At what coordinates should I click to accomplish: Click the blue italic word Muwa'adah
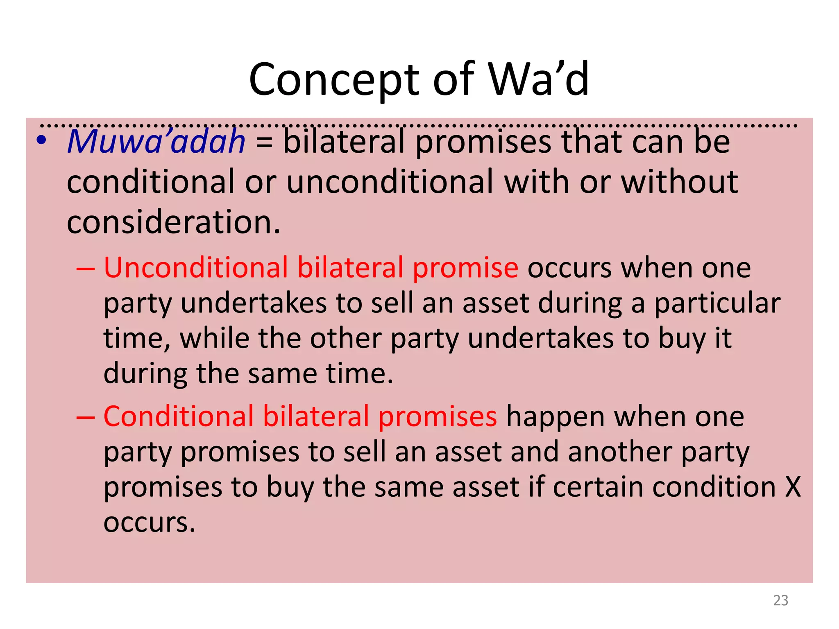point(156,142)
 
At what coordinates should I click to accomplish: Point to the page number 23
point(780,600)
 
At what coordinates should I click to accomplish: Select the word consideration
point(173,222)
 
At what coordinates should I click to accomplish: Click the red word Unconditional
point(196,268)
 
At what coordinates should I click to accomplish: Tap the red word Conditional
point(179,416)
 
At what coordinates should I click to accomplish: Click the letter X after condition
point(793,487)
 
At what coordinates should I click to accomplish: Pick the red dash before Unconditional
point(86,269)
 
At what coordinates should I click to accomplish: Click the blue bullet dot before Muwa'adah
point(41,140)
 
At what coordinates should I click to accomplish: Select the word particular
point(717,303)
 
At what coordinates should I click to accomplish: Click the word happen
point(556,417)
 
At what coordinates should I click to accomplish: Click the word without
point(680,182)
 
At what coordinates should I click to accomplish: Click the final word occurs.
point(149,523)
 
